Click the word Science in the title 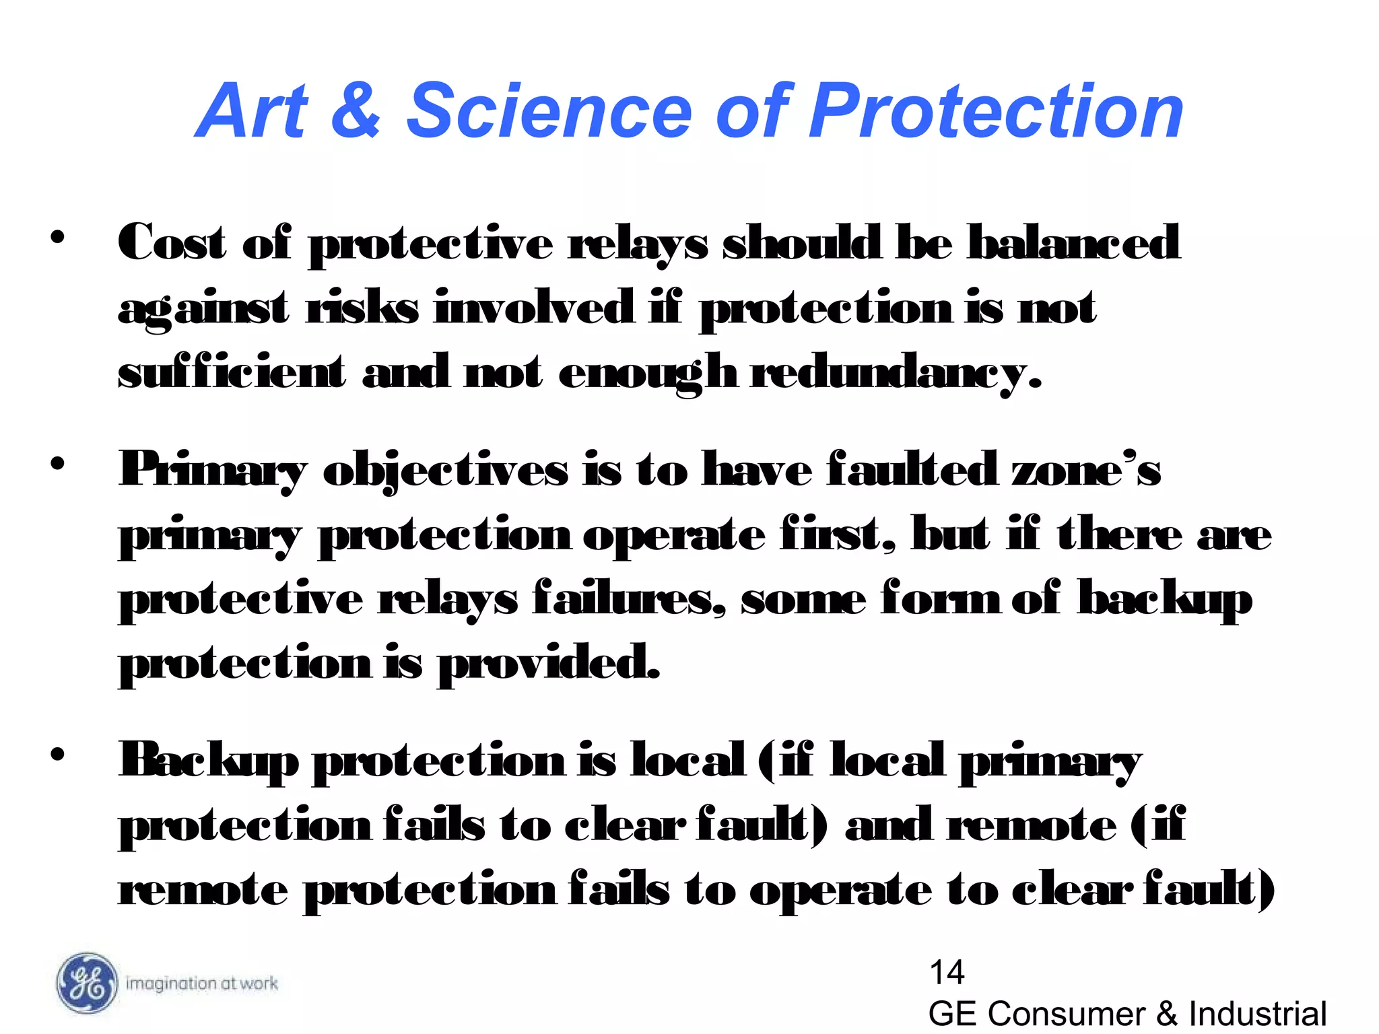pos(549,110)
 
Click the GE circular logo pos(86,983)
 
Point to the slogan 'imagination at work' pos(201,984)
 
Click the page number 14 pos(946,972)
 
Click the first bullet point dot pos(57,237)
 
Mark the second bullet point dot pos(57,463)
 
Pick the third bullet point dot pos(57,754)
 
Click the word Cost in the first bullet pos(172,242)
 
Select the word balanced pos(1073,242)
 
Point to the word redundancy pos(896,372)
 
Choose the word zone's pos(1086,469)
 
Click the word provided pos(548,663)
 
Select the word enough pos(646,372)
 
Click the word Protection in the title pos(997,110)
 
